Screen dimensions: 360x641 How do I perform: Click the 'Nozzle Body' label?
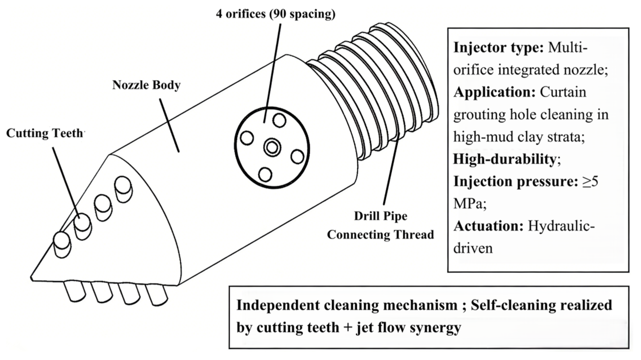tap(146, 85)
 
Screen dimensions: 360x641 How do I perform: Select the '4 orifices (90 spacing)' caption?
tap(276, 14)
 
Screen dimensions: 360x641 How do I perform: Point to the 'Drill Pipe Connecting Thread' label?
tap(380, 225)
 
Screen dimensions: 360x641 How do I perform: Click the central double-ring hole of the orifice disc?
tap(272, 147)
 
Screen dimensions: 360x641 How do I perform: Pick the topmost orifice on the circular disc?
tap(280, 120)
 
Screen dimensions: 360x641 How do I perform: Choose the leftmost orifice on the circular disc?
tap(247, 138)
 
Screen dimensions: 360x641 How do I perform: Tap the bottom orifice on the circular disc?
tap(265, 174)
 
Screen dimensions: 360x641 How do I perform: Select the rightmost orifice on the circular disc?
tap(297, 157)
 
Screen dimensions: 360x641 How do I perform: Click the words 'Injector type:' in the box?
tap(498, 47)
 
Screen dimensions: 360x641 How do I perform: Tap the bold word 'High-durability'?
tap(505, 159)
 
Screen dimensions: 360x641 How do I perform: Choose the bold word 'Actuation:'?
tap(488, 226)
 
